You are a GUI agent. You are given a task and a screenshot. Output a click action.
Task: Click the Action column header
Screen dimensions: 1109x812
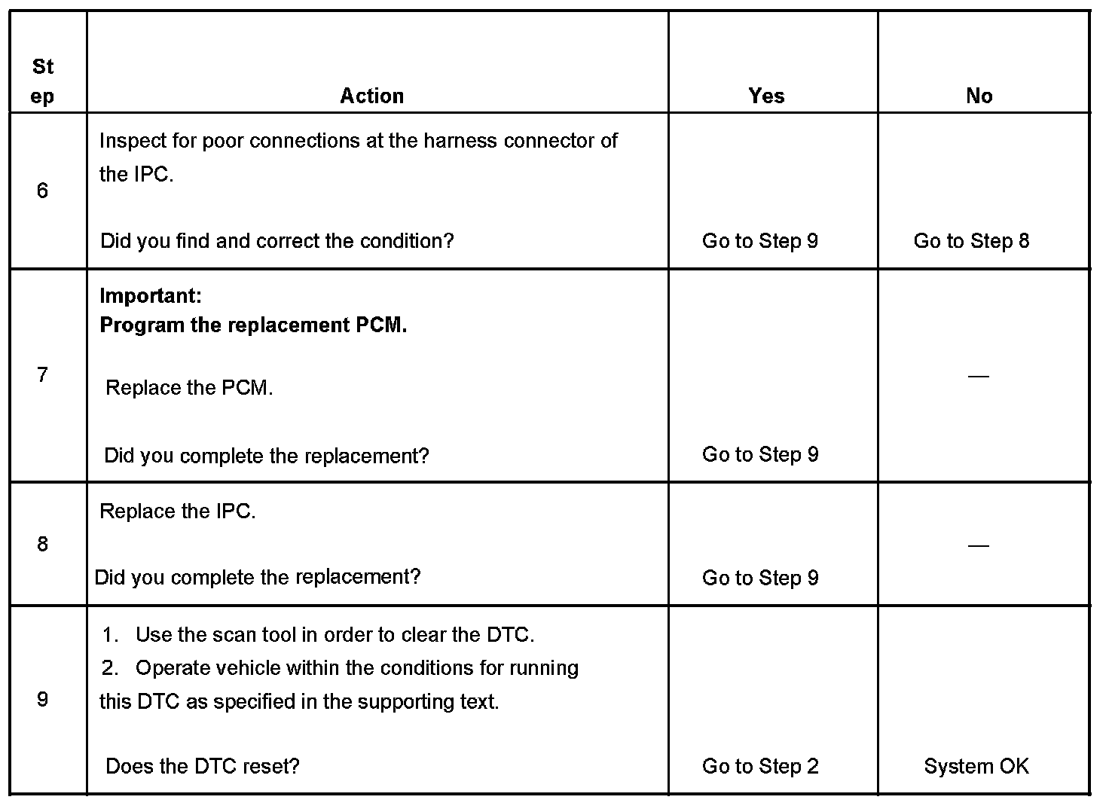(x=371, y=96)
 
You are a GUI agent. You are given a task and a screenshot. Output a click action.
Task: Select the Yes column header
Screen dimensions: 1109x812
(x=766, y=96)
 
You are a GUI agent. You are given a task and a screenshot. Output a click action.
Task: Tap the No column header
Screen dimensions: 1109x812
(x=979, y=96)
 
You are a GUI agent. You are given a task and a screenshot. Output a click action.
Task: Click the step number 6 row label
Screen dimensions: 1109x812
(x=42, y=191)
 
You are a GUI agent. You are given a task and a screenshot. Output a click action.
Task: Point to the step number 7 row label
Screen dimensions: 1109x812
(x=42, y=374)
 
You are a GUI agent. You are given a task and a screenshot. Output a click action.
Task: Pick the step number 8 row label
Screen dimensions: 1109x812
(x=42, y=544)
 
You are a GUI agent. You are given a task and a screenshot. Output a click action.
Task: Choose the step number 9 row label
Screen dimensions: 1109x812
(x=42, y=699)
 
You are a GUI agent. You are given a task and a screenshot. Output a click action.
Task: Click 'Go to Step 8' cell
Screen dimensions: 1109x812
(x=971, y=241)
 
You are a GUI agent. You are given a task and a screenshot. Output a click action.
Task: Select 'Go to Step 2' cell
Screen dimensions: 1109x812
(x=760, y=766)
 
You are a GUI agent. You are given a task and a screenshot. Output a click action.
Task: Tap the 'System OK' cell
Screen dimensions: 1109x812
(x=976, y=766)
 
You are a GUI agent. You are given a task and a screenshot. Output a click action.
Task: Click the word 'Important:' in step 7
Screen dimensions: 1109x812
(x=151, y=295)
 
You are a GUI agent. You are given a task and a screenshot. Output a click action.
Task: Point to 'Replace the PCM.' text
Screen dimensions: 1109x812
(x=189, y=388)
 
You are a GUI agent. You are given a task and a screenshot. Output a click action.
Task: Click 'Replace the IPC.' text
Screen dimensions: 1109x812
(x=178, y=511)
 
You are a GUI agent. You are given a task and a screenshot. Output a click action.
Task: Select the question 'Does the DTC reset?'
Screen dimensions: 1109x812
(x=203, y=766)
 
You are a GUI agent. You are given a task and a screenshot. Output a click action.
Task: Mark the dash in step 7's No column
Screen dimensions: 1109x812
(x=978, y=375)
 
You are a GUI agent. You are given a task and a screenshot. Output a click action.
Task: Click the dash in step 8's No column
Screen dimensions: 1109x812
(x=978, y=545)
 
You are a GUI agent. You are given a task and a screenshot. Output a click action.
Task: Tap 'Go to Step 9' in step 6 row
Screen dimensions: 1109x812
(x=760, y=241)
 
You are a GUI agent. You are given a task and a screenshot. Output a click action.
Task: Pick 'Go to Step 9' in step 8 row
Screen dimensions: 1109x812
(x=760, y=578)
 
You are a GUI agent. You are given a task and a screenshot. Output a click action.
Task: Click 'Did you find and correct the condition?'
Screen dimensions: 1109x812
(x=277, y=241)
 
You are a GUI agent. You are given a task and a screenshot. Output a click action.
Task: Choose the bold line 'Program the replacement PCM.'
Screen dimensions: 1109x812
(x=253, y=325)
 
